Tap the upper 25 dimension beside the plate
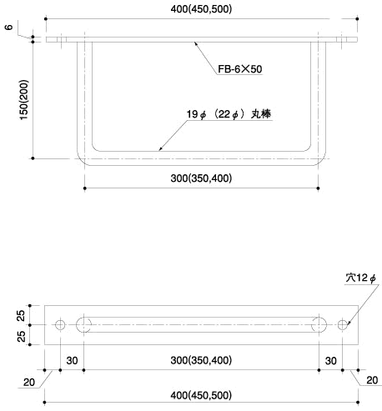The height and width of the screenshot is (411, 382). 21,315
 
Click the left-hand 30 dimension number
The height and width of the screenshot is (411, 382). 72,360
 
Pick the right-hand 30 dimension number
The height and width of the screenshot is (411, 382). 331,360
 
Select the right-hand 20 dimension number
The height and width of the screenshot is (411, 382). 372,381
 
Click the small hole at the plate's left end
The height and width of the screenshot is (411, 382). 59,324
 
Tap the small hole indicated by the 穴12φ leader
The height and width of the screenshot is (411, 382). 343,324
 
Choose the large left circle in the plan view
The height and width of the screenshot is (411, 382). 84,324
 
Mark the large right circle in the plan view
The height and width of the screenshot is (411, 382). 319,324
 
